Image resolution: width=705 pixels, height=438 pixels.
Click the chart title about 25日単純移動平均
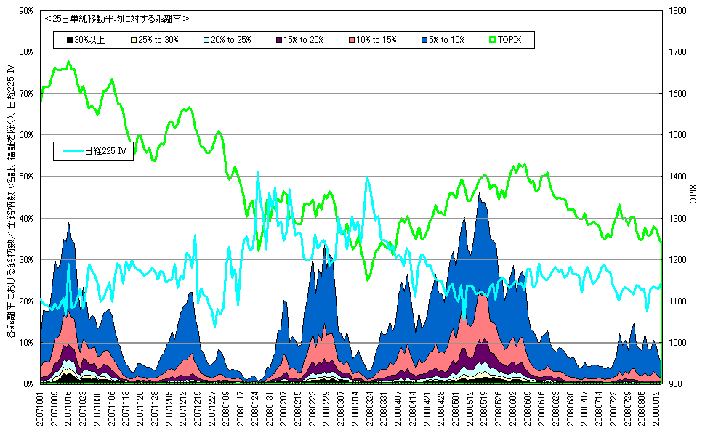coord(116,19)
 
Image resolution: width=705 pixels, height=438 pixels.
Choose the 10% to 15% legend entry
coord(374,39)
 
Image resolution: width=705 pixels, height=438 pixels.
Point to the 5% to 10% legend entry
coord(444,39)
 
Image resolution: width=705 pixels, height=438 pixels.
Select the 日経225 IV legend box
coord(94,151)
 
